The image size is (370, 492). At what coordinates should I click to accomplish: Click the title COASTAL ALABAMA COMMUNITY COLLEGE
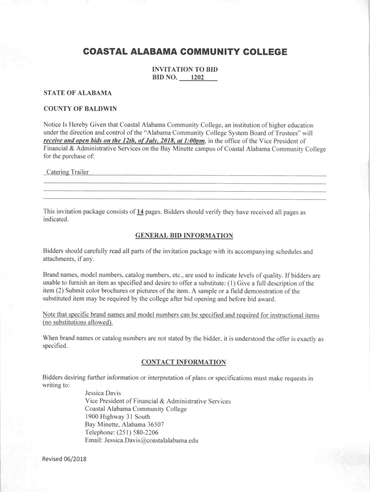pos(185,51)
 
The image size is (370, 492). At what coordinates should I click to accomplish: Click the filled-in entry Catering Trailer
pos(67,172)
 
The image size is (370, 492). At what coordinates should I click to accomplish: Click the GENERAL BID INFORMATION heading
pos(185,235)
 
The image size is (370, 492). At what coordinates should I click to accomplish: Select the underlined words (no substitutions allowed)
pos(77,322)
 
